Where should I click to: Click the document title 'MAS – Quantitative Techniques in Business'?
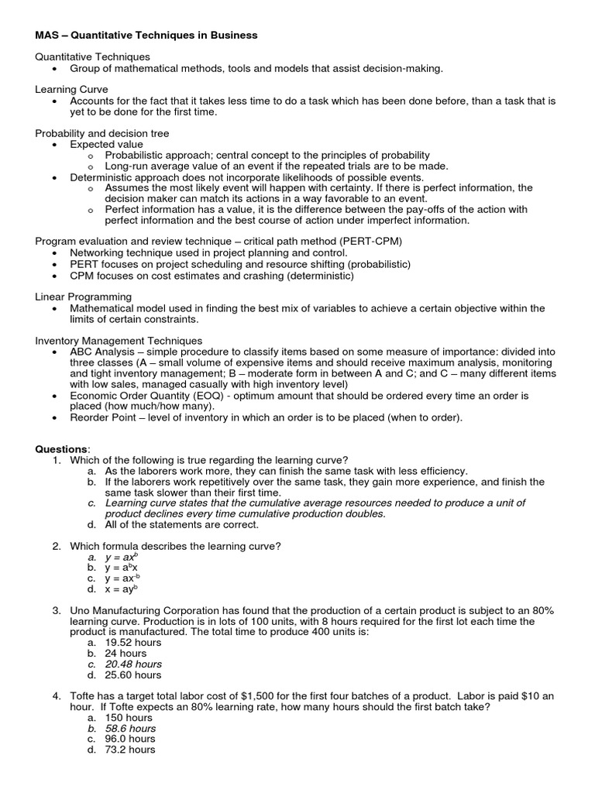point(146,36)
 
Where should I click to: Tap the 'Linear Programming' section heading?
point(84,297)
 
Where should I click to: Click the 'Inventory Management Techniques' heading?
point(119,341)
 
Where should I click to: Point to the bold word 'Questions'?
point(62,449)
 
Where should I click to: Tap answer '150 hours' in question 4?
point(130,718)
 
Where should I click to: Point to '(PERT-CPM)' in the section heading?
point(375,242)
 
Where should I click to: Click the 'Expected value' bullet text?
point(106,145)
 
